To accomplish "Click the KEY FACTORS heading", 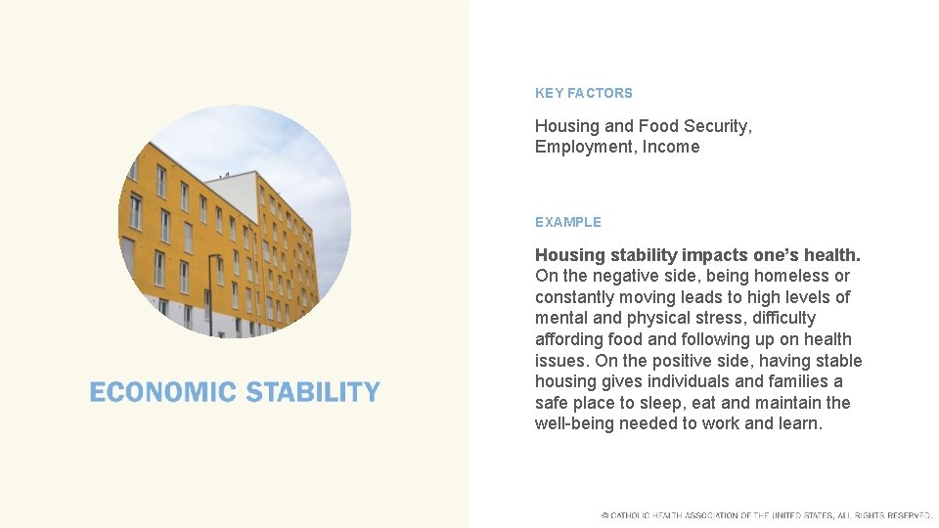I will pyautogui.click(x=583, y=93).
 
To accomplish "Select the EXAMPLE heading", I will pyautogui.click(x=567, y=222).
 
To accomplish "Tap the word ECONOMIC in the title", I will pyautogui.click(x=163, y=392).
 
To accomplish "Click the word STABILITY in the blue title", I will pyautogui.click(x=313, y=392).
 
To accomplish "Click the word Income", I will pyautogui.click(x=671, y=147).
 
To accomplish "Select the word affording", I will pyautogui.click(x=568, y=339).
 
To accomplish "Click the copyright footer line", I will pyautogui.click(x=767, y=515).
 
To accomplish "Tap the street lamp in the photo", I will pyautogui.click(x=210, y=293).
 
